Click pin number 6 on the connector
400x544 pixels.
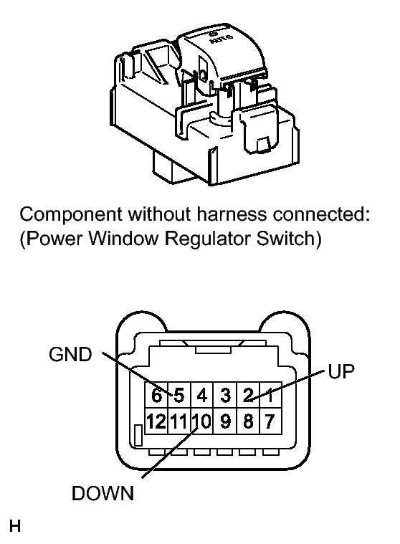click(x=156, y=395)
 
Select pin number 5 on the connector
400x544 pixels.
click(x=178, y=395)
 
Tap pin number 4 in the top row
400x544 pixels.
click(x=201, y=395)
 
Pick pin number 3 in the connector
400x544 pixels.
click(x=225, y=395)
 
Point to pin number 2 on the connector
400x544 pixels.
click(x=248, y=395)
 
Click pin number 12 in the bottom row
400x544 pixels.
click(x=156, y=421)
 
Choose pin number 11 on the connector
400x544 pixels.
click(x=178, y=421)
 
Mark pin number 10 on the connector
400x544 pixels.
click(x=202, y=421)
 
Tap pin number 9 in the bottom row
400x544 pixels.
click(x=225, y=421)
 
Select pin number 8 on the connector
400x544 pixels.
click(x=248, y=421)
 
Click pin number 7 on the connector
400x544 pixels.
click(x=270, y=421)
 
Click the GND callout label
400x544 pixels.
click(x=70, y=354)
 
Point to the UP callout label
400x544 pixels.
click(x=341, y=371)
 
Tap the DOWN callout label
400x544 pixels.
click(x=103, y=493)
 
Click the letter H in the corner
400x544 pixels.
click(x=15, y=526)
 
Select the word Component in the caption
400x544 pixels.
click(x=71, y=215)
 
